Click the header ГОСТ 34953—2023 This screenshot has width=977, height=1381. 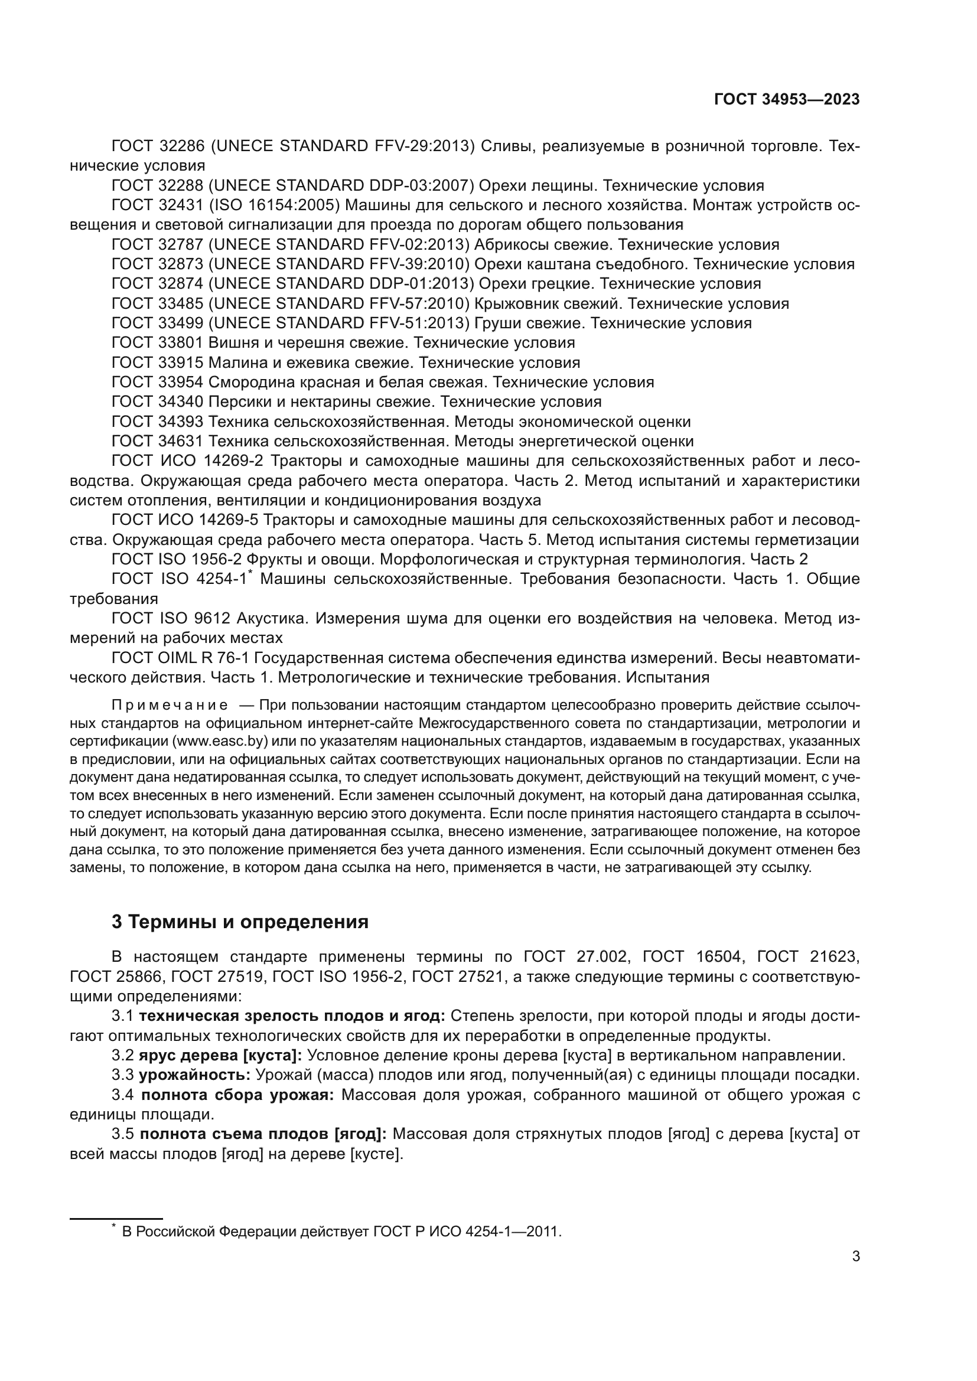pos(786,100)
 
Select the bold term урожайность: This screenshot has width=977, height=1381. pos(194,1075)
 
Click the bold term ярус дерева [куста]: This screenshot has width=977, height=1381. pos(220,1055)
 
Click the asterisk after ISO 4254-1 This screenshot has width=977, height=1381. pos(250,573)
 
